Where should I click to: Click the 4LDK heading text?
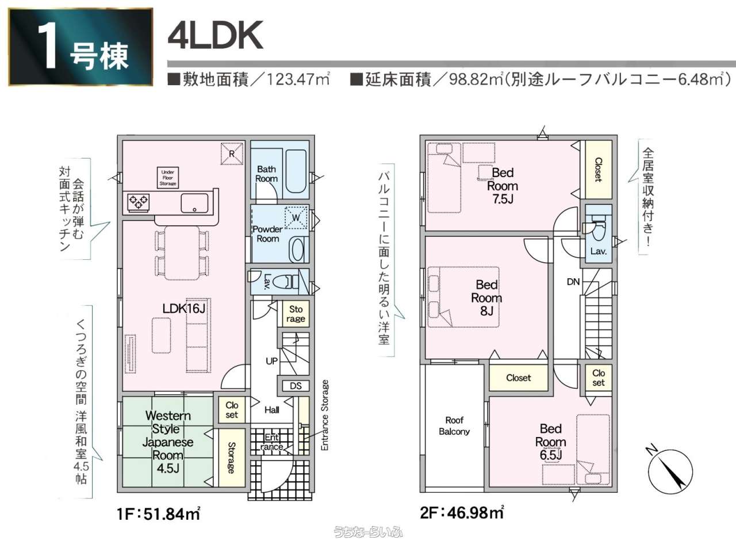coord(216,36)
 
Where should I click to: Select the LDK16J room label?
coord(183,309)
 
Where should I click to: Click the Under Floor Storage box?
coord(168,177)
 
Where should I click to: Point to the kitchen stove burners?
coord(139,202)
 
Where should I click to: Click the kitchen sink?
coord(194,203)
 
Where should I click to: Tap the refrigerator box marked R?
coord(232,154)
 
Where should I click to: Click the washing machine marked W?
coord(296,217)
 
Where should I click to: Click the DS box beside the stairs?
coord(296,386)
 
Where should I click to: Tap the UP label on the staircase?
coord(272,361)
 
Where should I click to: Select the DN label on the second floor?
coord(573,282)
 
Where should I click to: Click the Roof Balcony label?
coord(454,426)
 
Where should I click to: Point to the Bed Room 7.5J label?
coord(502,186)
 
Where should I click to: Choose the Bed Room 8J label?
coord(486,298)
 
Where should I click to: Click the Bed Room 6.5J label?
coord(550,442)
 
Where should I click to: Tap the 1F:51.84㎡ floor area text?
coord(158,513)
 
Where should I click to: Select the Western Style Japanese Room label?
coord(168,442)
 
